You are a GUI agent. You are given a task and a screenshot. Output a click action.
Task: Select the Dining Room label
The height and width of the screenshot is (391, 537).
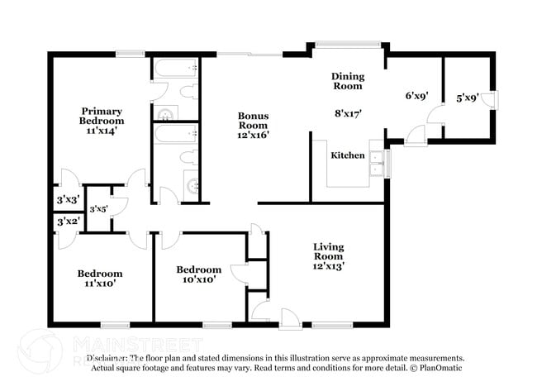[348, 81]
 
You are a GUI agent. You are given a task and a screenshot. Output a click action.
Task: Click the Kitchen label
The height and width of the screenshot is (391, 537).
[348, 155]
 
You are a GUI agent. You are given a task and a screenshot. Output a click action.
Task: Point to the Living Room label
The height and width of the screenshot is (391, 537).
[328, 256]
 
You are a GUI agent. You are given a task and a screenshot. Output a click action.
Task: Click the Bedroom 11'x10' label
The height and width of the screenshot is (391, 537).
[100, 279]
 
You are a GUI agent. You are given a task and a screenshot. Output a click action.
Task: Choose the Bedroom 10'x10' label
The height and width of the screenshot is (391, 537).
[198, 274]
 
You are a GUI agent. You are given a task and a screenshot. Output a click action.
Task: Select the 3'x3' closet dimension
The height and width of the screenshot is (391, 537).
[68, 200]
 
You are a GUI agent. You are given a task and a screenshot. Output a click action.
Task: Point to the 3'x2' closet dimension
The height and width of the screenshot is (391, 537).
[68, 222]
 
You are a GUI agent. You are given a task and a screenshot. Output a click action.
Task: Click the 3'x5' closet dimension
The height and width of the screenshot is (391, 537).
[98, 209]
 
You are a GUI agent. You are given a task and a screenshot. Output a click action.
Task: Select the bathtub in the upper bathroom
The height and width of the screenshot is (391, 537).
[174, 68]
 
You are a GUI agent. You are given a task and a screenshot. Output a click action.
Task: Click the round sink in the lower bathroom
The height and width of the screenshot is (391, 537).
[193, 186]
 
